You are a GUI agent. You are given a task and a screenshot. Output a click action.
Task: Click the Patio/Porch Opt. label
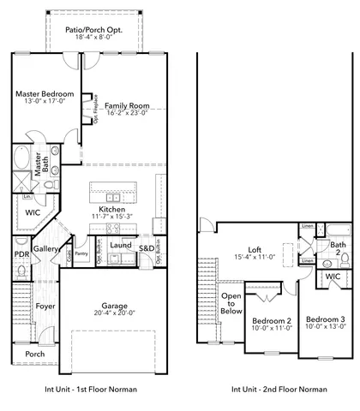tap(95, 28)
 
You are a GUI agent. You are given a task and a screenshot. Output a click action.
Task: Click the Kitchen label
tap(112, 209)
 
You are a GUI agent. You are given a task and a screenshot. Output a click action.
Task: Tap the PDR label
tap(22, 254)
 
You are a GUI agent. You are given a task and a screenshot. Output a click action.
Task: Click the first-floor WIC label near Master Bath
tap(33, 211)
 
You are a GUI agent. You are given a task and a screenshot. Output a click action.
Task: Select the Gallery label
tap(45, 248)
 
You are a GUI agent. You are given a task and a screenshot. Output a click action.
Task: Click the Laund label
tap(121, 245)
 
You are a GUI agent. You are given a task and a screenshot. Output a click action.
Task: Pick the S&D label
tap(147, 248)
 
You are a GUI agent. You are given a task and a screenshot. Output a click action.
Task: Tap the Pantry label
tap(81, 253)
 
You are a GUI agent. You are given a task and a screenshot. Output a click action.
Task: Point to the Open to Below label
tap(231, 303)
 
